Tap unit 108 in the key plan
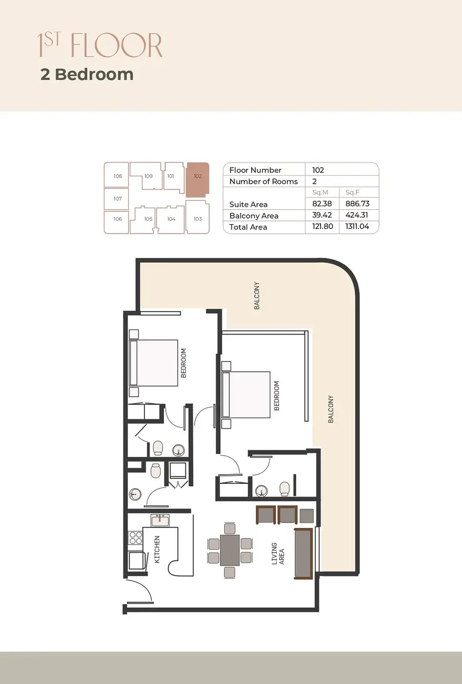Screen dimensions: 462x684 [117, 175]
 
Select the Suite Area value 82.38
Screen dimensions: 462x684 [322, 204]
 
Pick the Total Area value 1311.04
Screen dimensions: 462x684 [357, 227]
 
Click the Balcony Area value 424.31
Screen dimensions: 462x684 [357, 215]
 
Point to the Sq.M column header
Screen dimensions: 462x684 [320, 193]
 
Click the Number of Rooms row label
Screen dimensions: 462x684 [263, 182]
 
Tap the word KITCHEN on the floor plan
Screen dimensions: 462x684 [157, 549]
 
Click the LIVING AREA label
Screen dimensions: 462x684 [278, 553]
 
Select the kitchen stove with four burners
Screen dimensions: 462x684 [135, 538]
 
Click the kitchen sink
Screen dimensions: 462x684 [160, 520]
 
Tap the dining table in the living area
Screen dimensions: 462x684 [230, 550]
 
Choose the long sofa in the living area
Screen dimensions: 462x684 [304, 553]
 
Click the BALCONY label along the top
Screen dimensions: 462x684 [257, 296]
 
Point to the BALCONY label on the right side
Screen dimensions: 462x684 [331, 409]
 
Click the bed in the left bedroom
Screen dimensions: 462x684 [154, 363]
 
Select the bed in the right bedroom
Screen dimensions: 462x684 [246, 394]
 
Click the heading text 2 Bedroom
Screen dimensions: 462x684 [87, 74]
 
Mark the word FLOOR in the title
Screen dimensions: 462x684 [117, 45]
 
